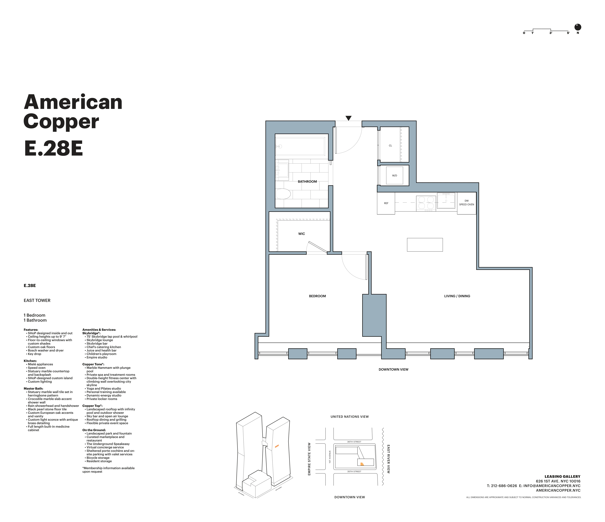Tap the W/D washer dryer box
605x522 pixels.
click(x=394, y=175)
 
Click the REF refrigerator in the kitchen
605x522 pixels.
click(x=386, y=203)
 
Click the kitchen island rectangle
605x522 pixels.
click(x=425, y=245)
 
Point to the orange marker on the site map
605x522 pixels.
click(x=362, y=464)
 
